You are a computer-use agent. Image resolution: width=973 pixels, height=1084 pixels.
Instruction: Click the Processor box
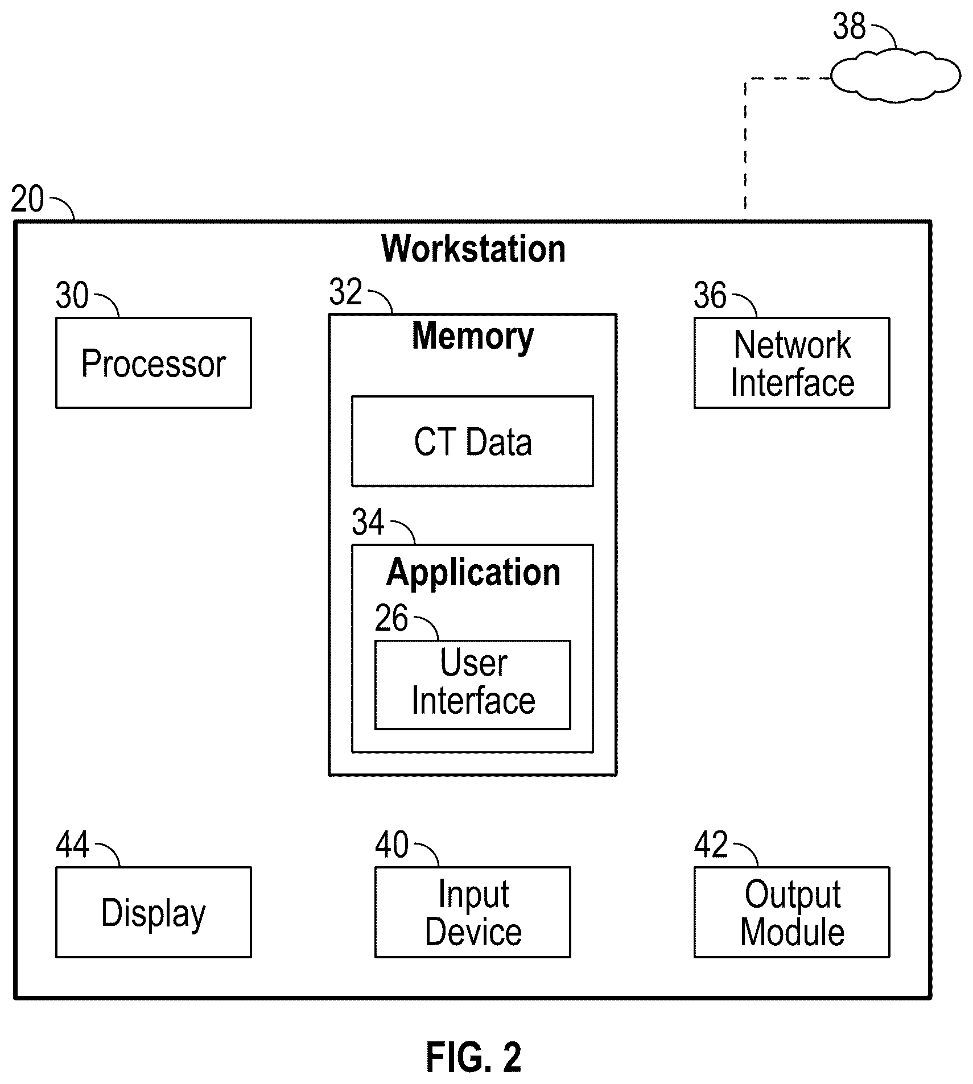[x=154, y=363]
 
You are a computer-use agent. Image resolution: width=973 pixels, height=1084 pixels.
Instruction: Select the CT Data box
[x=472, y=441]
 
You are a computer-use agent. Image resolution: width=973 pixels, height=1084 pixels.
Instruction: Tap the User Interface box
[x=472, y=685]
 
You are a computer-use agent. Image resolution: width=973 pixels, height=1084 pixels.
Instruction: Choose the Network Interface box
[x=791, y=363]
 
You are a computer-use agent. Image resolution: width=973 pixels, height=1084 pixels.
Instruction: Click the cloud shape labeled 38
[x=895, y=76]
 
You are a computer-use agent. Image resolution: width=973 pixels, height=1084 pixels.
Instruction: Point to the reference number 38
[x=849, y=26]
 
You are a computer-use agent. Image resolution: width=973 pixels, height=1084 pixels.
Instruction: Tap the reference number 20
[x=27, y=200]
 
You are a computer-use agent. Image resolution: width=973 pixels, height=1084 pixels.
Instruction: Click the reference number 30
[x=72, y=296]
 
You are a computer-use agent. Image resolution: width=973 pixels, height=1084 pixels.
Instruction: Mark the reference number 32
[x=345, y=292]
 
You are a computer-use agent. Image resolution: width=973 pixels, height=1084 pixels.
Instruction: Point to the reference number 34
[x=368, y=522]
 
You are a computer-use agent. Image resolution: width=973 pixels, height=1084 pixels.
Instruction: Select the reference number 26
[x=391, y=618]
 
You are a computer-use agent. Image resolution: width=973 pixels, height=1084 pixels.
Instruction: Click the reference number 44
[x=72, y=845]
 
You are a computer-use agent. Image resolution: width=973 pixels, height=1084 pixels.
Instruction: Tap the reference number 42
[x=711, y=845]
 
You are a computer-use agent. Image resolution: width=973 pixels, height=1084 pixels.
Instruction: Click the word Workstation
[x=473, y=249]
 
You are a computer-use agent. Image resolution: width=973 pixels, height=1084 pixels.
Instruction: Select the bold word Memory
[x=473, y=337]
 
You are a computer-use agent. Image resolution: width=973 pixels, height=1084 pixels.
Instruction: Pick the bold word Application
[x=473, y=573]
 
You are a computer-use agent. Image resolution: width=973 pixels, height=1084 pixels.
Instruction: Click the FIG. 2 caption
[x=473, y=1057]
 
